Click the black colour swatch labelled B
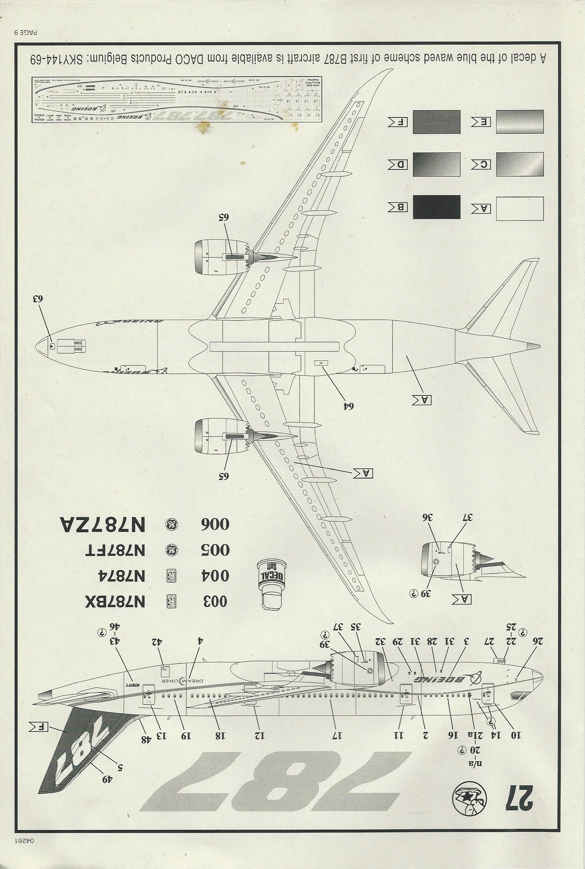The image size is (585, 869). (436, 207)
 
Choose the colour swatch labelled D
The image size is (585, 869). (436, 165)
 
